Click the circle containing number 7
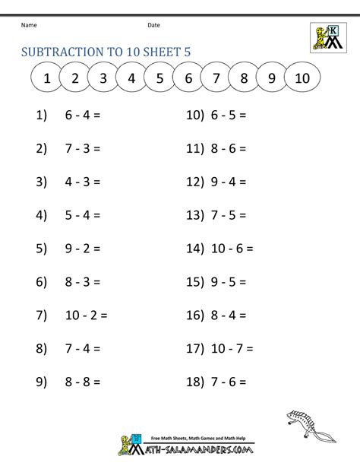click(216, 78)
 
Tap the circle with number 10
click(302, 78)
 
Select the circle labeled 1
click(46, 78)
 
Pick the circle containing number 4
click(131, 78)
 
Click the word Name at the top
click(29, 25)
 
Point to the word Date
click(153, 25)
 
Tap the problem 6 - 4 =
click(84, 116)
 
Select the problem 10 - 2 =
click(89, 314)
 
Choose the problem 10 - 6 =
click(231, 248)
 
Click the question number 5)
click(42, 248)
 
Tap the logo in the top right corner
click(329, 36)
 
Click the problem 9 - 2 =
click(84, 248)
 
